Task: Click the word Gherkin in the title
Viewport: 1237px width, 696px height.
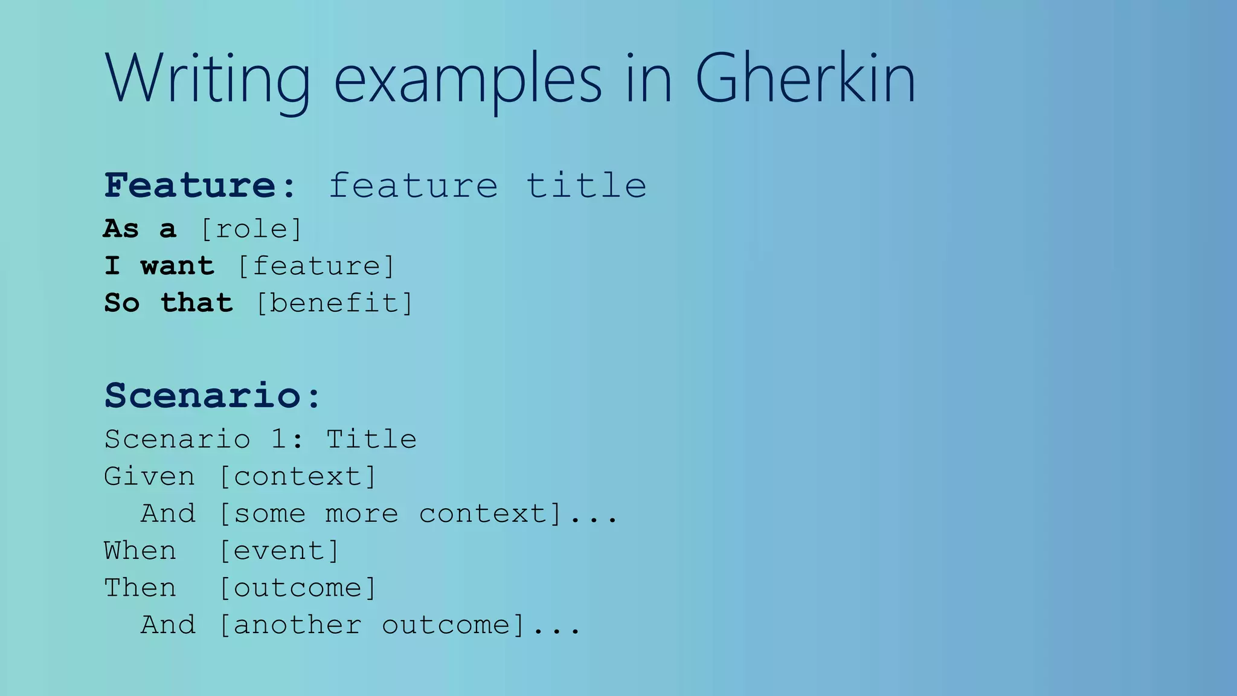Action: point(805,79)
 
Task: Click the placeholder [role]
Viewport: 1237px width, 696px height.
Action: point(251,229)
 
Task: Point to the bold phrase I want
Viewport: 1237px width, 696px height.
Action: point(159,266)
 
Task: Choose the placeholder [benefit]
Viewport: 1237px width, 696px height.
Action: point(335,303)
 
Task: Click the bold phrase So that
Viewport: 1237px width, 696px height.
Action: point(169,303)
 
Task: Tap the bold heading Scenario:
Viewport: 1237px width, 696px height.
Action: point(213,396)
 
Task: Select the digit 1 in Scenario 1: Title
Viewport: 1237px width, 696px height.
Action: point(278,439)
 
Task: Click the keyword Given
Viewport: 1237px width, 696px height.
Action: point(149,477)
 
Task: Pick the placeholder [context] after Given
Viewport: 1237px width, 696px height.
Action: point(297,477)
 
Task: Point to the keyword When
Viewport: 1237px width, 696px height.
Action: point(140,551)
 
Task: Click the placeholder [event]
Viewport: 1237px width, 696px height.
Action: point(279,551)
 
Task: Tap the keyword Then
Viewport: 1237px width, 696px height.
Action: point(140,588)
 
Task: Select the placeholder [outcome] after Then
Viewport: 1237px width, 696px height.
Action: point(297,588)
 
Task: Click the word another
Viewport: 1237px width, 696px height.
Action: point(297,625)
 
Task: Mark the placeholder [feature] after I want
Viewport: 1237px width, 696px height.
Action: point(316,266)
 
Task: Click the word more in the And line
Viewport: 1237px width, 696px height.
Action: point(362,514)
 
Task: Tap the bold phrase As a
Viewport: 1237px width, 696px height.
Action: point(140,229)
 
